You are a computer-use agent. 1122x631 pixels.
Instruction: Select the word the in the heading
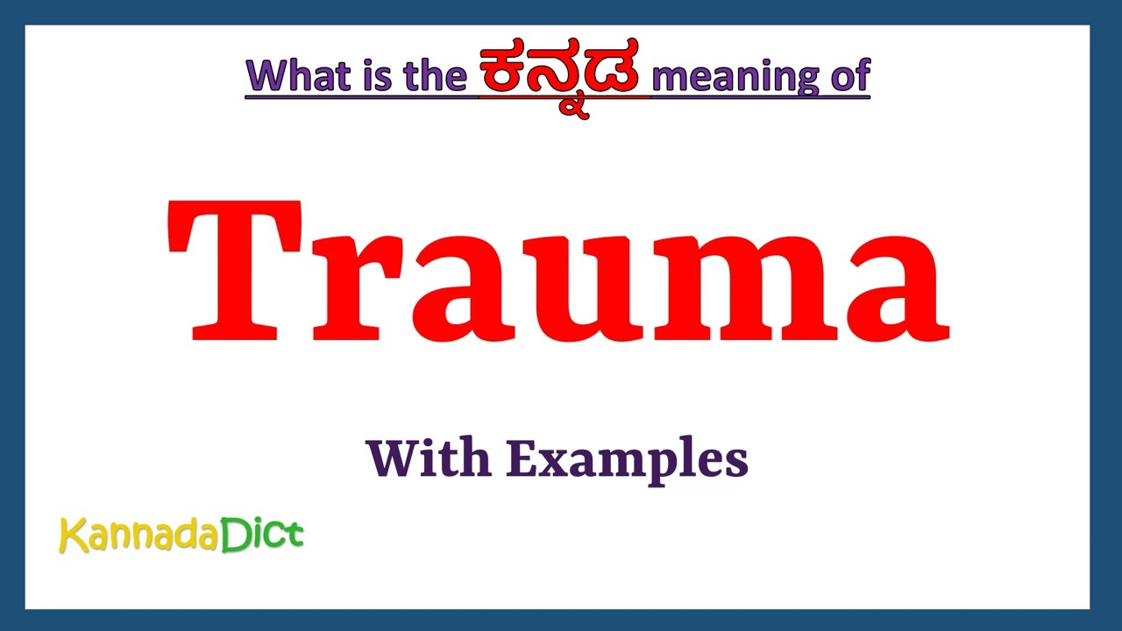tap(435, 77)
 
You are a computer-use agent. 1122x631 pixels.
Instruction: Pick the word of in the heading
tap(847, 77)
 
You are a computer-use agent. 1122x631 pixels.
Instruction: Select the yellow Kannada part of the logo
tap(138, 535)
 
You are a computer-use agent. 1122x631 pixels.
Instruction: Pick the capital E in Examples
tap(521, 458)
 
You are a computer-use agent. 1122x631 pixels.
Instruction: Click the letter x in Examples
tap(552, 463)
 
